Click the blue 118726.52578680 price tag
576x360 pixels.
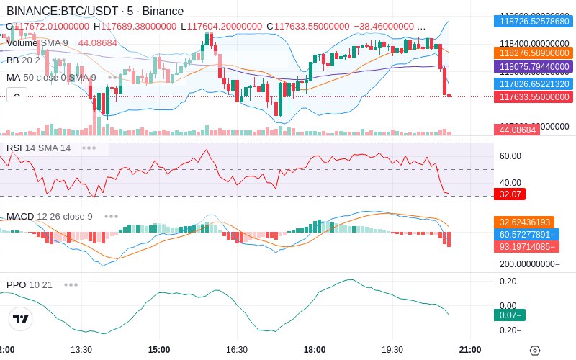click(533, 22)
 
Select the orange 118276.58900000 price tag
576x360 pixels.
click(533, 53)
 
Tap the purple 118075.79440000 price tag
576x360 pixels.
click(533, 67)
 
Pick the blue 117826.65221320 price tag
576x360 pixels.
click(533, 84)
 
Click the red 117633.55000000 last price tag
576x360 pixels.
click(533, 97)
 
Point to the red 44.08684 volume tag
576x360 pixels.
click(516, 130)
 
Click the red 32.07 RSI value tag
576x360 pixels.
click(510, 194)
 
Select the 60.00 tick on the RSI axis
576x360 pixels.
click(510, 156)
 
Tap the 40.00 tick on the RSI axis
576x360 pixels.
click(510, 182)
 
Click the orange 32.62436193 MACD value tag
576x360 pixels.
click(533, 222)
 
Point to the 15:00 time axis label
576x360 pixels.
click(158, 350)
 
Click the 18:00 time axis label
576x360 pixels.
click(315, 350)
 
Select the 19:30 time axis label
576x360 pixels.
click(392, 350)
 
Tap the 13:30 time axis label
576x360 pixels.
click(81, 350)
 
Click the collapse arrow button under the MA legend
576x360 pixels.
click(17, 94)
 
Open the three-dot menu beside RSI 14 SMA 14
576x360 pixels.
click(89, 148)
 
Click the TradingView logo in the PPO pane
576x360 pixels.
click(20, 320)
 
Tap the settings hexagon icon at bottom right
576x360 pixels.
click(534, 351)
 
